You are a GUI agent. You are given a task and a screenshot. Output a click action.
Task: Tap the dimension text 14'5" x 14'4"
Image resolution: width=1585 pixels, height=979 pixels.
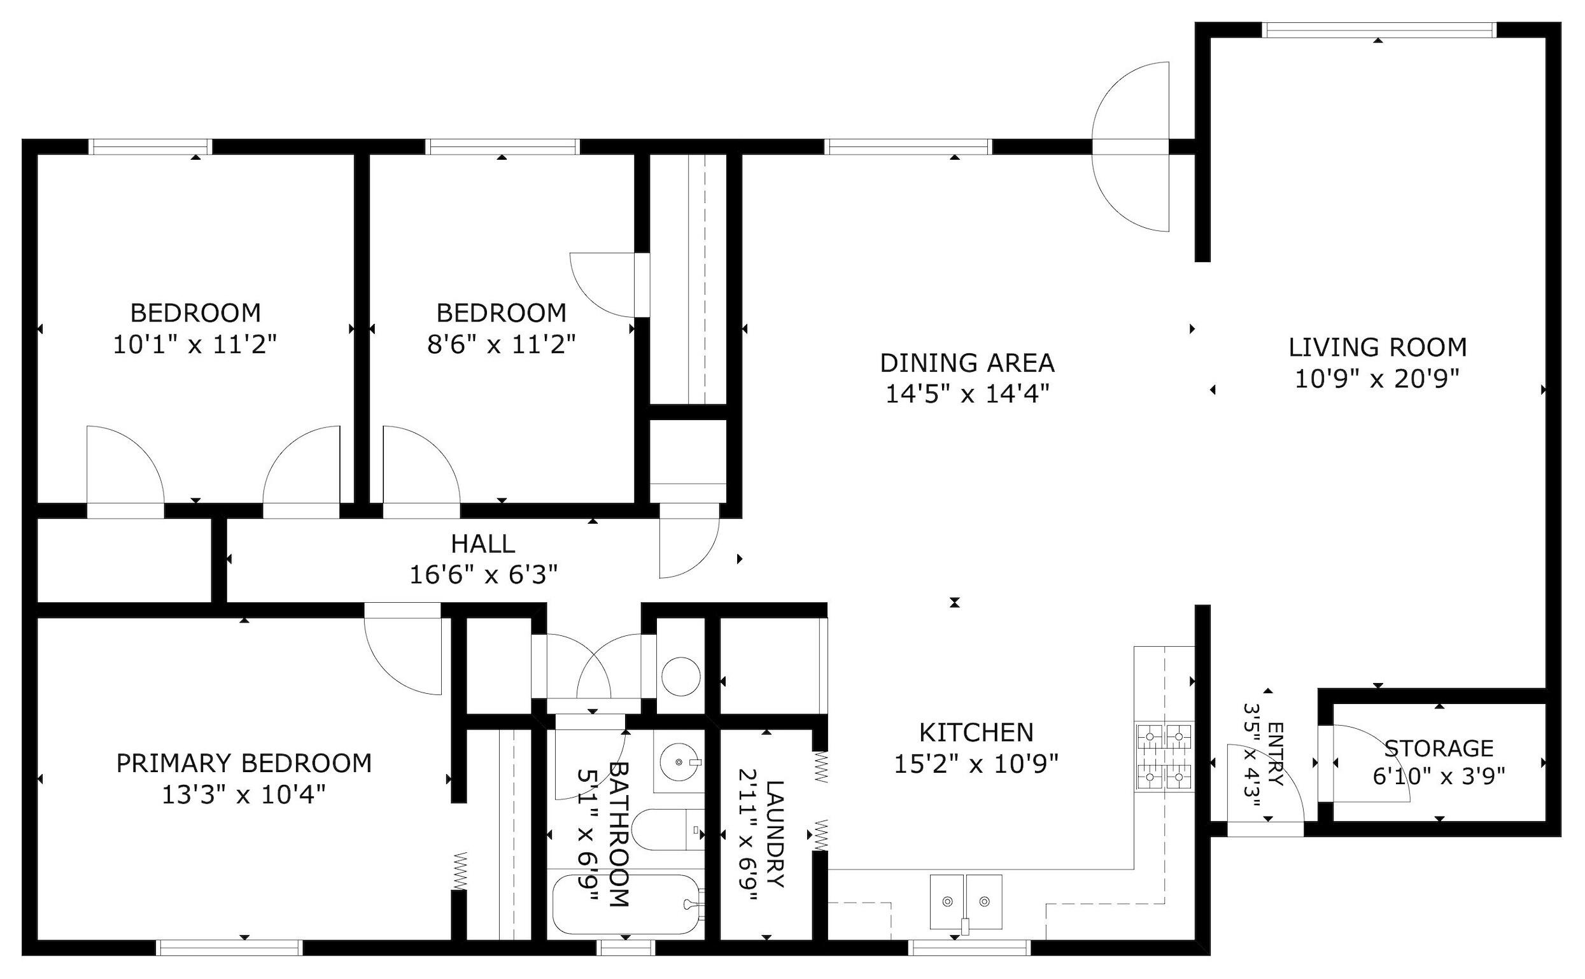967,393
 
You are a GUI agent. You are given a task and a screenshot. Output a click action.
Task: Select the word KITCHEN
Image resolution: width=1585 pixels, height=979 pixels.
976,732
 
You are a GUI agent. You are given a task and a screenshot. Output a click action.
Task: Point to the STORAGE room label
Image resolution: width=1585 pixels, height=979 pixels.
1439,749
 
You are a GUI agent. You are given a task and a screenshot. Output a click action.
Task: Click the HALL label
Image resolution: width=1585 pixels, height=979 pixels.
483,544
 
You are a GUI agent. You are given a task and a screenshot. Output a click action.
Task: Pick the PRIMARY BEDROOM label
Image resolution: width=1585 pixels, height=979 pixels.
244,763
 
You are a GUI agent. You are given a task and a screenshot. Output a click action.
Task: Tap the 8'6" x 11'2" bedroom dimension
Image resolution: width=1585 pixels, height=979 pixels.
501,344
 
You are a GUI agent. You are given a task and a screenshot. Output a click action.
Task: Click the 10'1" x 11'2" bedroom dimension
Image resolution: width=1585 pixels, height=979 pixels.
195,344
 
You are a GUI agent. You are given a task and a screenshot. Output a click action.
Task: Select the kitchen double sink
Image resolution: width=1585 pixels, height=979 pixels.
966,901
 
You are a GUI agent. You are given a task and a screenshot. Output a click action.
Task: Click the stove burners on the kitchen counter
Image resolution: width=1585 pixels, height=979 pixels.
1164,756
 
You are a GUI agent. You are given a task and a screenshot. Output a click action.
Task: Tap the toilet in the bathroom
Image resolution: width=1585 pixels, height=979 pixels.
667,830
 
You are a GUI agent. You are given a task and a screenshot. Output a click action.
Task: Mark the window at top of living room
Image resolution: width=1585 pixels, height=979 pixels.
1379,30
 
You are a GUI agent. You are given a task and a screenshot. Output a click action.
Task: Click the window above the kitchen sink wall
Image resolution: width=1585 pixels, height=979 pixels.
969,947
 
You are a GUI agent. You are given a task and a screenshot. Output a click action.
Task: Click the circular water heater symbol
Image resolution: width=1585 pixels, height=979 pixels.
680,677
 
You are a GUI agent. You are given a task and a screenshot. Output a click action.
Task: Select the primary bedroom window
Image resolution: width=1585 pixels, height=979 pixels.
230,947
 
